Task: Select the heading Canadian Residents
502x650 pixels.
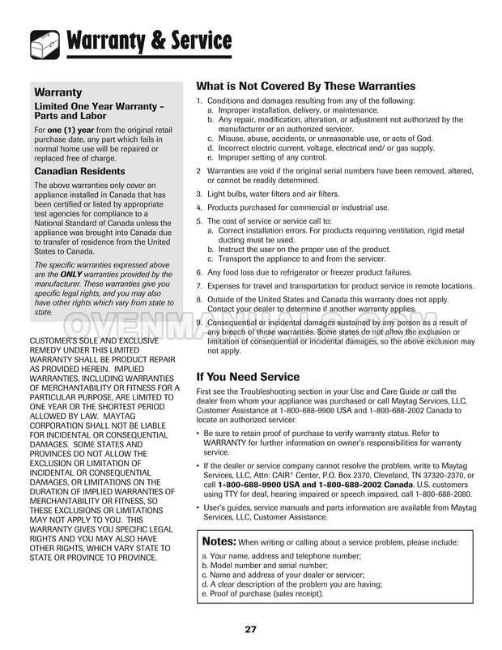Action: (79, 172)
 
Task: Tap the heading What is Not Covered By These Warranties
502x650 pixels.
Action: (306, 86)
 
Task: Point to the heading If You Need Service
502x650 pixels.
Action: (249, 377)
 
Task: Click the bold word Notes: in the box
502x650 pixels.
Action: (219, 541)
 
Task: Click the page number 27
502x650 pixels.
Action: (251, 629)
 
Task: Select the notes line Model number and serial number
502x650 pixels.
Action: (261, 565)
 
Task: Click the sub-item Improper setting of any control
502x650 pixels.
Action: (275, 158)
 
